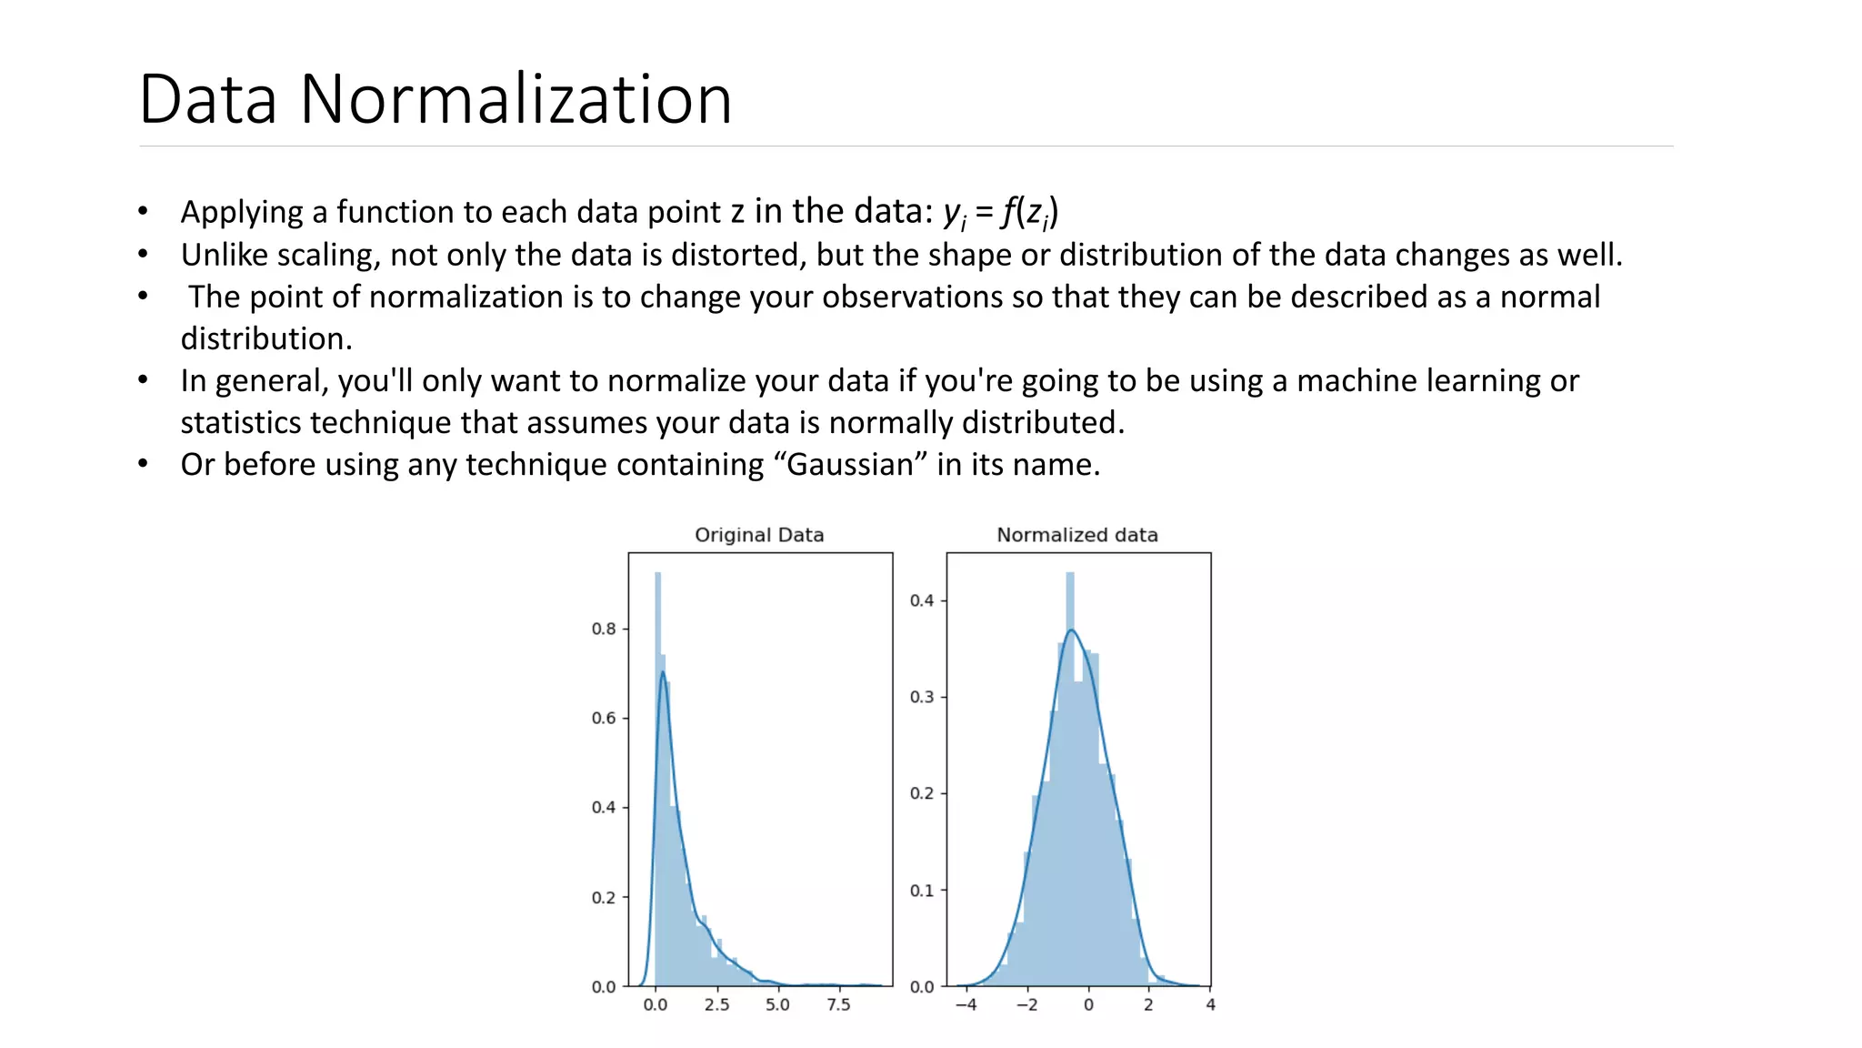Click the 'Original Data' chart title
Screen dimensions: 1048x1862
pos(759,535)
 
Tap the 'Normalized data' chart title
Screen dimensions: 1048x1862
pos(1077,535)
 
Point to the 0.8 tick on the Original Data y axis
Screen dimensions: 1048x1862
pos(604,629)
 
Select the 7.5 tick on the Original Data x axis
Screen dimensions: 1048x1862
pos(838,1005)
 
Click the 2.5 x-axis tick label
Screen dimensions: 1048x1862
pos(716,1005)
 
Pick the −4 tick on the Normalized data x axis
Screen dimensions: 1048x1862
pos(966,1005)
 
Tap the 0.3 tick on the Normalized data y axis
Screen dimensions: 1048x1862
pos(922,697)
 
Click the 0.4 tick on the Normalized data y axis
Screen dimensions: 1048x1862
pos(922,600)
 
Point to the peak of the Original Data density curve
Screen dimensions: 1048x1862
pos(663,672)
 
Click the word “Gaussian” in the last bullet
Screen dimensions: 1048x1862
pos(849,465)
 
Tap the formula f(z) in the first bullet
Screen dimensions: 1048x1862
pos(1029,212)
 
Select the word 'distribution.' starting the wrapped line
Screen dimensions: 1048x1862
pos(266,339)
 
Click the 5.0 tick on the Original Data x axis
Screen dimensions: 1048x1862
pos(777,1005)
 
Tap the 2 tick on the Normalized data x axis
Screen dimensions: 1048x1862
pos(1148,1005)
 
